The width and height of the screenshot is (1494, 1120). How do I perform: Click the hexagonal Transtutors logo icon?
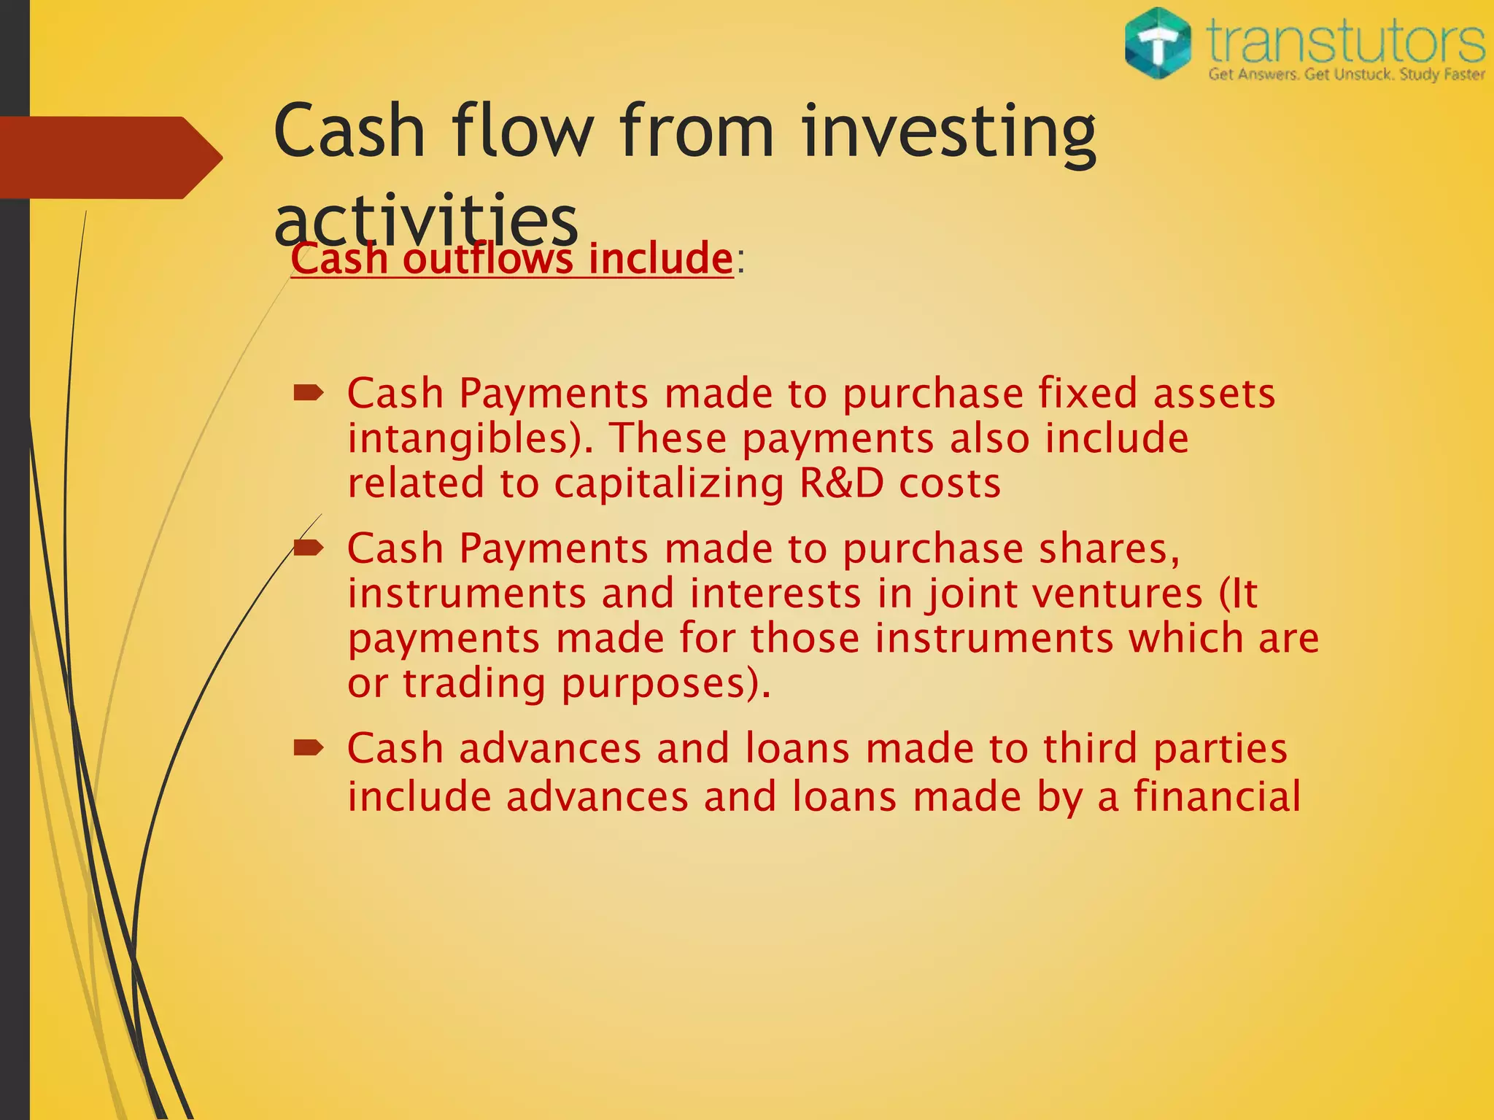coord(1158,43)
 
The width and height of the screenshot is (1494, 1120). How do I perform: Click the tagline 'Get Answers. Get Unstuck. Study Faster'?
coord(1346,74)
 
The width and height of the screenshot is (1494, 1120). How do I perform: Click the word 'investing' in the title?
coord(948,132)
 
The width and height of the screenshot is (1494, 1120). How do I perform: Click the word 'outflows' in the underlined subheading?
coord(488,259)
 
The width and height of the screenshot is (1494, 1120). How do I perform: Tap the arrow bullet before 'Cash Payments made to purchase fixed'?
coord(309,394)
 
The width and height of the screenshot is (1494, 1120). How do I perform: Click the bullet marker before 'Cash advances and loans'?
coord(309,748)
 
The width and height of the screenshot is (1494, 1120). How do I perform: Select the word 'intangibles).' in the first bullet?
coord(471,439)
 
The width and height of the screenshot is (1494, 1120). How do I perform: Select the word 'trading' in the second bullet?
coord(474,684)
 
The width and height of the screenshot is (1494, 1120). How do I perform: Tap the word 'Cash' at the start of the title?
coord(349,132)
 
